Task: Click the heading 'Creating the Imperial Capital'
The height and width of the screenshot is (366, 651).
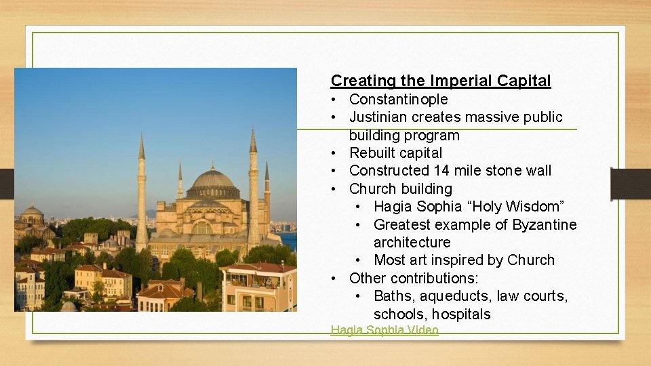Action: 440,81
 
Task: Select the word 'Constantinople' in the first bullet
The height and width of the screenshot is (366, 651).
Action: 398,100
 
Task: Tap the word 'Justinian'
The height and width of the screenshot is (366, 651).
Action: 378,117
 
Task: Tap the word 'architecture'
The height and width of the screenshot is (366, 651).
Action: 412,242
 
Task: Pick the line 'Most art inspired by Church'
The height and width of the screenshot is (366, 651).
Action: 464,260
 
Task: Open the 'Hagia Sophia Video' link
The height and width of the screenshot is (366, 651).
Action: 384,331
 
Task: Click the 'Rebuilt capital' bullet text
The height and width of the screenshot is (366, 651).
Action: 395,153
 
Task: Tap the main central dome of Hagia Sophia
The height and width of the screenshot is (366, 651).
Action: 212,179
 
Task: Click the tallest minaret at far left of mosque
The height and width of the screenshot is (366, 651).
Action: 142,197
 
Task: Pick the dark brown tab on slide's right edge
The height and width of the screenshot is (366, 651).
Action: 630,184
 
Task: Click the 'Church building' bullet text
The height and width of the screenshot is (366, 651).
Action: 400,188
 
